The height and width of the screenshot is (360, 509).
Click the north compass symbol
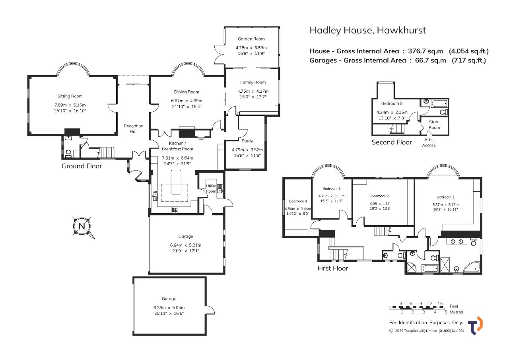click(x=82, y=226)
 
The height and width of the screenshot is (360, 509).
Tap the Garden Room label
click(x=251, y=39)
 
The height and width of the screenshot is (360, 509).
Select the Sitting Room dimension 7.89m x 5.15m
click(x=70, y=105)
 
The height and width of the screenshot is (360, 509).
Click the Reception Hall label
click(x=133, y=128)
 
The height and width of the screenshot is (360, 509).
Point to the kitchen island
click(x=176, y=182)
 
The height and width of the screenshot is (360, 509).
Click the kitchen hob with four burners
click(x=174, y=210)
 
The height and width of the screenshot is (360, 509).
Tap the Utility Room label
click(x=211, y=189)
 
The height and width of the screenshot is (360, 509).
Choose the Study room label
click(x=247, y=141)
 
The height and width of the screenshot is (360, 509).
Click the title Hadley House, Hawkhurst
click(x=368, y=30)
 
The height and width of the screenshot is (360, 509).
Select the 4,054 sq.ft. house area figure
click(x=469, y=51)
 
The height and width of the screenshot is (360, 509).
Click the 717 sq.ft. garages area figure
click(x=469, y=60)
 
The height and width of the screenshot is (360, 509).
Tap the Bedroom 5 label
click(x=392, y=103)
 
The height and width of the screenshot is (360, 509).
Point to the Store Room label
click(x=434, y=125)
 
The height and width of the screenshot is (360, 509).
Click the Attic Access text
click(x=429, y=142)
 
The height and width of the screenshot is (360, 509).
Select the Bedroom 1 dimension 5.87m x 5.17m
click(x=445, y=204)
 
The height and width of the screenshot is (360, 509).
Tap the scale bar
click(x=416, y=308)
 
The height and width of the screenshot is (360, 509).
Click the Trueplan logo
click(x=475, y=326)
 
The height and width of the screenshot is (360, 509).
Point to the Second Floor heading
click(x=392, y=142)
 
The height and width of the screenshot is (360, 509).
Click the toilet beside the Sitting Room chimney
click(x=68, y=154)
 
